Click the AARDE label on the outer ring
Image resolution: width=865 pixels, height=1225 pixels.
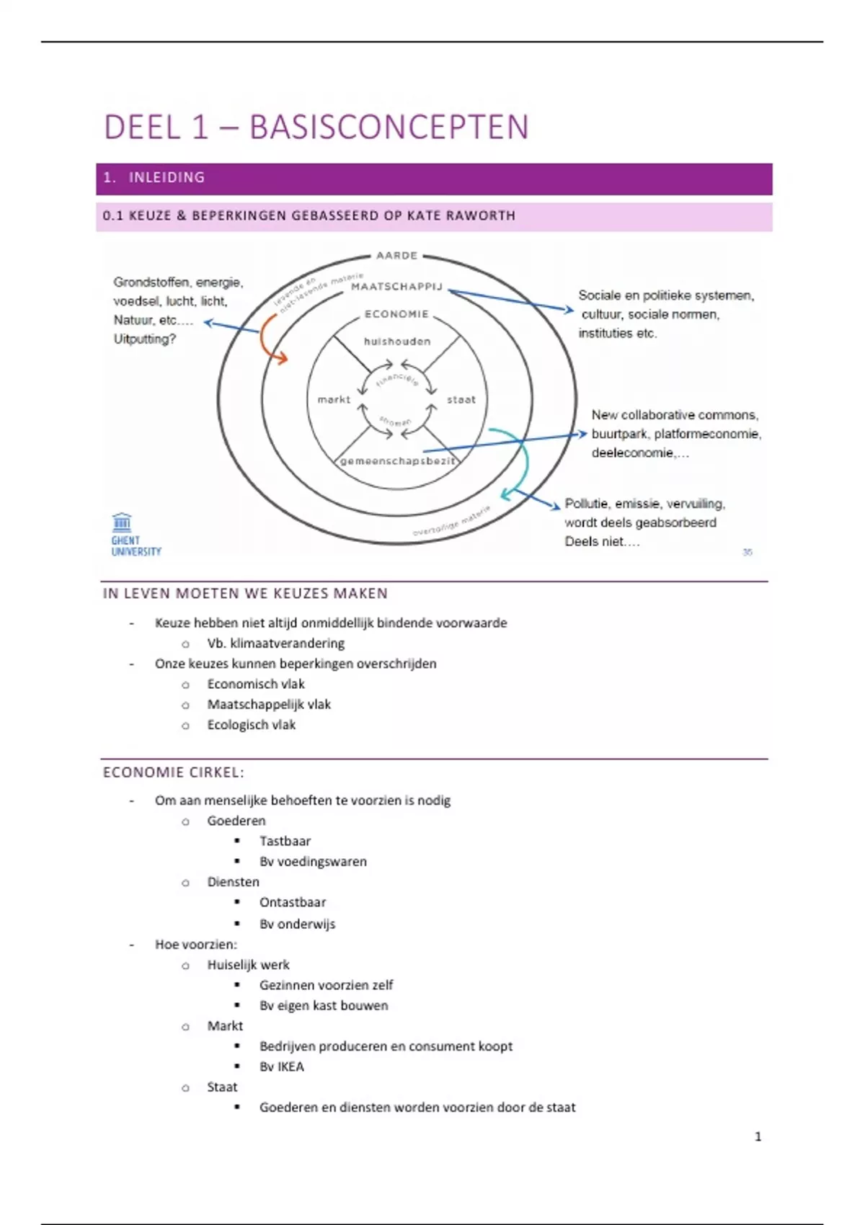396,255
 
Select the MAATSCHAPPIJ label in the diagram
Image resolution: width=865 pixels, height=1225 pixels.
396,286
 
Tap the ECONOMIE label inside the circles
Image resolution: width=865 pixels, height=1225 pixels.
396,314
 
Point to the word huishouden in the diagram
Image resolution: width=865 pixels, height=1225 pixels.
397,342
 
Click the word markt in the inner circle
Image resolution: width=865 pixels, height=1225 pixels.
334,399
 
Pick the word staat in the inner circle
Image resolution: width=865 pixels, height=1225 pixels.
461,399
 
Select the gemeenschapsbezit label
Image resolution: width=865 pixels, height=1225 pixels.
398,461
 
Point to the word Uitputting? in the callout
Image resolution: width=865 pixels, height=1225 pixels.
144,339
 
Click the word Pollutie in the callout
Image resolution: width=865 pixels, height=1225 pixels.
586,504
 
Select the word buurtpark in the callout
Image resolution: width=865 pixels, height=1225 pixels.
618,434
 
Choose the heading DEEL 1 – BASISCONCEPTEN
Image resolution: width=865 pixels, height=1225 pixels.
316,127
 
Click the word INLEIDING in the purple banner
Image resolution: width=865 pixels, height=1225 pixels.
167,177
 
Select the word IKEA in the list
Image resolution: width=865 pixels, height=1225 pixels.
291,1066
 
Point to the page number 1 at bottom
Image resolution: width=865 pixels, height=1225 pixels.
758,1136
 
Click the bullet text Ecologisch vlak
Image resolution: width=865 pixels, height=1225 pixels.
251,725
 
